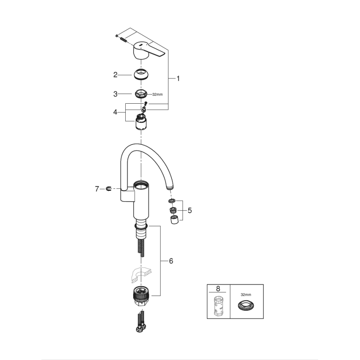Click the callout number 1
point(178,78)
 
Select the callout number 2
point(116,75)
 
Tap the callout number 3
point(116,94)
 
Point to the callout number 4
point(116,112)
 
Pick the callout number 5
point(190,210)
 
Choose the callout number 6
point(171,261)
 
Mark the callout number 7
point(97,189)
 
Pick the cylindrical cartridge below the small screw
point(141,122)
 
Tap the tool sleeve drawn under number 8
point(218,307)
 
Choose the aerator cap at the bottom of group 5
point(174,219)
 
